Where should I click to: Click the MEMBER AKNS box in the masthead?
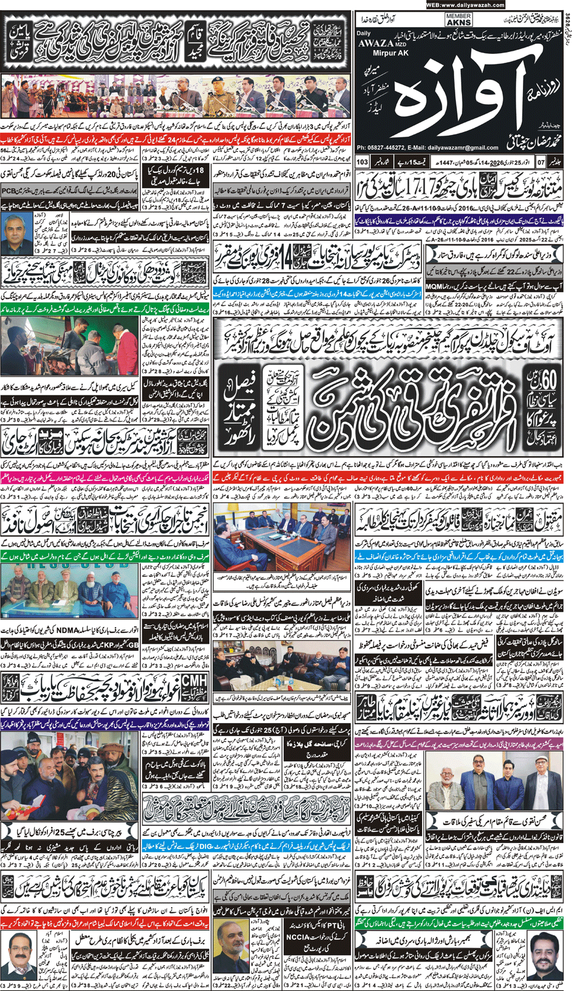point(458,20)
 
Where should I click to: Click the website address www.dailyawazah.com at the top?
point(465,5)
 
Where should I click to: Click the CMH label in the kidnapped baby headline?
point(194,680)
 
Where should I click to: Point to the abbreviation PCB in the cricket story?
point(11,191)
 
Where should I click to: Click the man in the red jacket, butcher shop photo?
point(129,340)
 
